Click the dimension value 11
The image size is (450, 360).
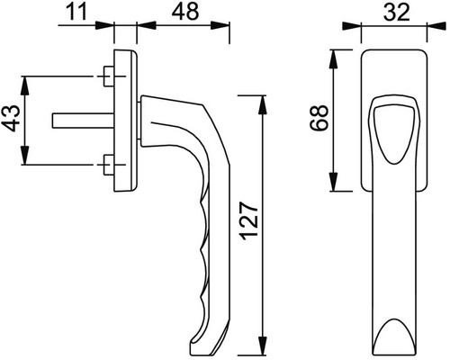click(x=76, y=12)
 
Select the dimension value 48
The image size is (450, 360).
click(x=185, y=12)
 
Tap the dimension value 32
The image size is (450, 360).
click(x=397, y=13)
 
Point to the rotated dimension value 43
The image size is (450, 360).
click(x=13, y=118)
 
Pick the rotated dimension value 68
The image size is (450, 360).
click(x=319, y=118)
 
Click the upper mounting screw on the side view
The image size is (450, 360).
click(x=108, y=76)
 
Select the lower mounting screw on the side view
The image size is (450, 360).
click(x=108, y=165)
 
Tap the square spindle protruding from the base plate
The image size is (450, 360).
click(x=83, y=121)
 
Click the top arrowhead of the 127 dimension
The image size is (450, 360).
click(x=262, y=104)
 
